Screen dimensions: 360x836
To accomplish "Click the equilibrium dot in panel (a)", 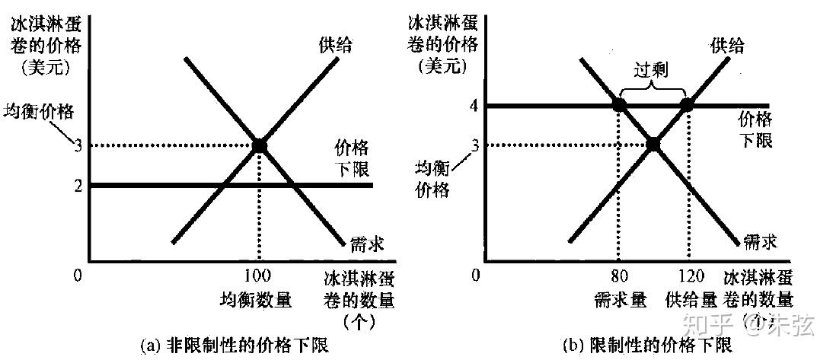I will (260, 145).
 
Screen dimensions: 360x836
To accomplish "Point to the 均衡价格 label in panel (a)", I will (40, 111).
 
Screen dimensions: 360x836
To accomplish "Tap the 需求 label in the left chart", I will (366, 244).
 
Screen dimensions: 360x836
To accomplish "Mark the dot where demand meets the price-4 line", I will (619, 105).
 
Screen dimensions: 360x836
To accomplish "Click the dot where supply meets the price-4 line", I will (686, 105).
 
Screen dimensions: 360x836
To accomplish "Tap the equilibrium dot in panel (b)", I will (653, 143).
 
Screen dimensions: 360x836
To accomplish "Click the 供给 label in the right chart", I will (728, 46).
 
